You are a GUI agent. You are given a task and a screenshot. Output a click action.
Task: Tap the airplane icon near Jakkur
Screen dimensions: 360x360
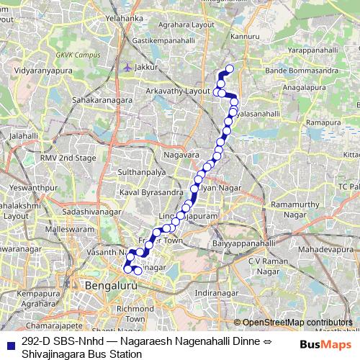tap(128, 67)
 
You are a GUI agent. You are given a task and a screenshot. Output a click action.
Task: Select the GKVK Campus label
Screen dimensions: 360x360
tap(76, 55)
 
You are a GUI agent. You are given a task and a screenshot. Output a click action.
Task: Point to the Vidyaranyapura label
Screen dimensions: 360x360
tap(50, 73)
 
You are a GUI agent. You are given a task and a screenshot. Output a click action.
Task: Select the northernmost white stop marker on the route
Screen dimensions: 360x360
tap(230, 69)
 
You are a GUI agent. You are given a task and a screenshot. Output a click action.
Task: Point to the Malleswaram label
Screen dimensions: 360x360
tap(51, 228)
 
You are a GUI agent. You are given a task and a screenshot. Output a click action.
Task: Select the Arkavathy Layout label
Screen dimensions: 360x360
tap(177, 92)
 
